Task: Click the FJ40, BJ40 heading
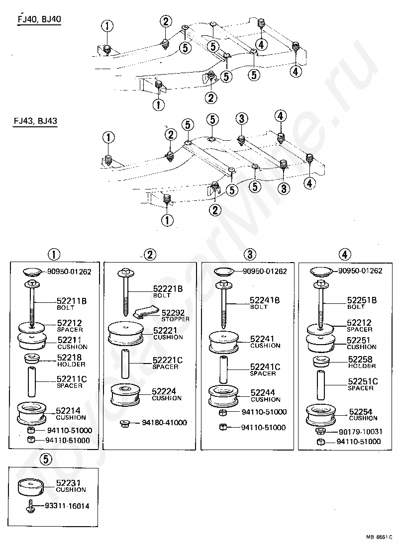tap(39, 19)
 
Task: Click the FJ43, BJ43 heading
tap(35, 121)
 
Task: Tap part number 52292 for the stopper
tap(173, 313)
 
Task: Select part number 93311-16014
tap(67, 506)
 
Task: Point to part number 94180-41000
tap(164, 423)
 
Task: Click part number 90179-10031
tap(361, 432)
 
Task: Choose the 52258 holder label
tap(362, 362)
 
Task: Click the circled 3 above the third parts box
tap(250, 254)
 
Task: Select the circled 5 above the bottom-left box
tap(46, 459)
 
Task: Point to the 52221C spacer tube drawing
tap(125, 364)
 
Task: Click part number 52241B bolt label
tap(265, 303)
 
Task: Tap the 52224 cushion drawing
tap(125, 395)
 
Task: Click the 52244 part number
tap(263, 392)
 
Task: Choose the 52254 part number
tap(361, 412)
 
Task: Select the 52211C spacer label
tap(72, 381)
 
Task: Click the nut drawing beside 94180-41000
tap(124, 423)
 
